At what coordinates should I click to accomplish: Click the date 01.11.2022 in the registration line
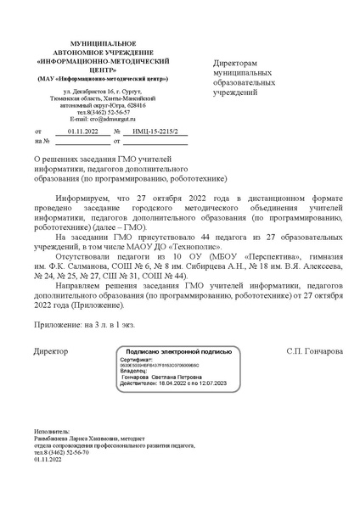coord(83,132)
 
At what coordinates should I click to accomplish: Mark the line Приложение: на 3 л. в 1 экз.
coord(85,322)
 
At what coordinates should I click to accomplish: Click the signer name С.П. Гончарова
coord(315,350)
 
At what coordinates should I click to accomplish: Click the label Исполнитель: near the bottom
coord(53,431)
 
